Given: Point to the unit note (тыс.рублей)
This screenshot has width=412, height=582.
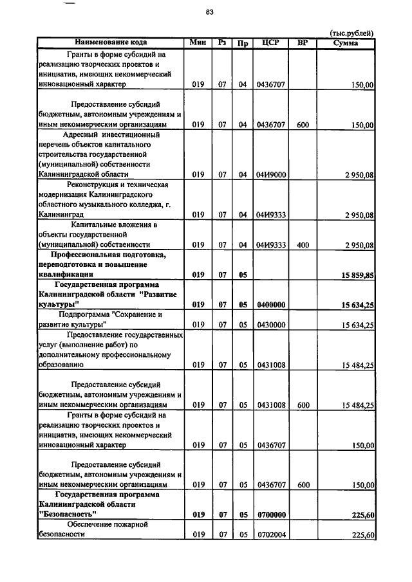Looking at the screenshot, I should click(351, 33).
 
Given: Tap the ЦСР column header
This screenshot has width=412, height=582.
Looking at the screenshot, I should click(270, 42).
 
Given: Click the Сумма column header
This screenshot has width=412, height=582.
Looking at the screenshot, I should click(346, 42).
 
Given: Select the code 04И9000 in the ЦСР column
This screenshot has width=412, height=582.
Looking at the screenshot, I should click(271, 174).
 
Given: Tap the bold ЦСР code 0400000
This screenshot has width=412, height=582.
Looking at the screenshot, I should click(271, 304).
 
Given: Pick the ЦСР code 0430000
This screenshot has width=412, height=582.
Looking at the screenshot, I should click(271, 325).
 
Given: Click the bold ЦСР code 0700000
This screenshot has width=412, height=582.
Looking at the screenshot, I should click(271, 514).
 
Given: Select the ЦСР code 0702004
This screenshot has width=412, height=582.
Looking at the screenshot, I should click(271, 535).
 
